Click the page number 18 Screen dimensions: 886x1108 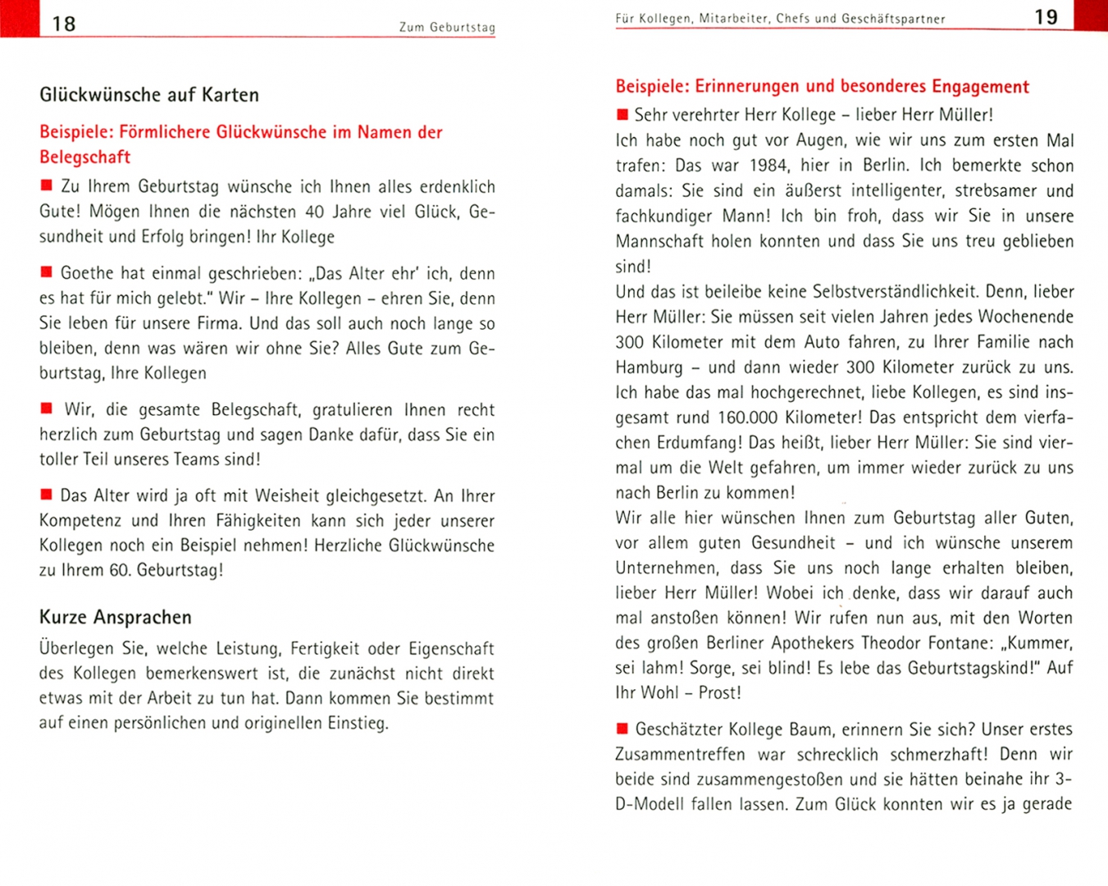point(63,24)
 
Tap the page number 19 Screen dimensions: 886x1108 point(1046,17)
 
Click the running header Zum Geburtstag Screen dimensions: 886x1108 point(447,27)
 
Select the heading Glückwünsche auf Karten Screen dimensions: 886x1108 point(149,95)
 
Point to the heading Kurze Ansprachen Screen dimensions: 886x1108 point(116,618)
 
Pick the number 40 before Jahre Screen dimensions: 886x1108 point(315,212)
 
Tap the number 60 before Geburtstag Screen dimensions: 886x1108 point(120,570)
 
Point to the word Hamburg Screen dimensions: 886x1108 point(649,368)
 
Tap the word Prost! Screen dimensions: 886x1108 point(720,693)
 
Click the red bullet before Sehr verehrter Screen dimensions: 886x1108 point(622,115)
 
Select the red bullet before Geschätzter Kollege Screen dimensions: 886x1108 point(622,728)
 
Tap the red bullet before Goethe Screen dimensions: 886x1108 point(47,272)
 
